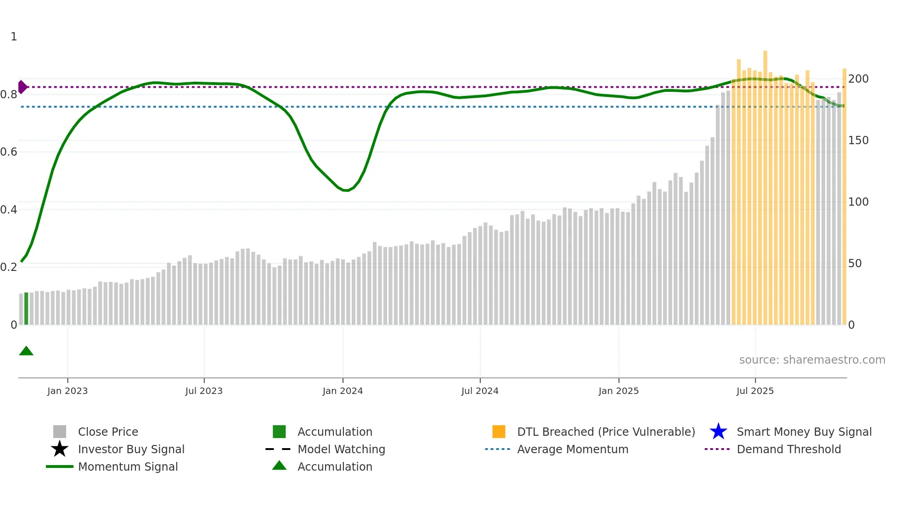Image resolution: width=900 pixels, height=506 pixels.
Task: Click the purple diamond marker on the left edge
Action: pyautogui.click(x=22, y=87)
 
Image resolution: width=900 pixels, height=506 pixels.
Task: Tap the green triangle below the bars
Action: pyautogui.click(x=26, y=351)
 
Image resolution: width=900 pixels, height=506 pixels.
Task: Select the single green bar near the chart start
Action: pyautogui.click(x=26, y=309)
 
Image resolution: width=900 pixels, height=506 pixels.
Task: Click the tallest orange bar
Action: pyautogui.click(x=765, y=184)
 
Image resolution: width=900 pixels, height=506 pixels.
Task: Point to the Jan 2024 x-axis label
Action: pyautogui.click(x=343, y=391)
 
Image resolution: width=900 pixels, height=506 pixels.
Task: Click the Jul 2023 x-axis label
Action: pyautogui.click(x=204, y=391)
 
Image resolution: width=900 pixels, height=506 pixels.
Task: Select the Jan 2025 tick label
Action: pyautogui.click(x=619, y=391)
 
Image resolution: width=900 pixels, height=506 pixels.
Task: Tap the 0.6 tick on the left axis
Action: pyautogui.click(x=9, y=152)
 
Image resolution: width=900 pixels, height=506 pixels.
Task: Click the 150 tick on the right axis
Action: pyautogui.click(x=858, y=141)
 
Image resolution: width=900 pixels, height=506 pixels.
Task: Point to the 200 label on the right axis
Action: pyautogui.click(x=858, y=79)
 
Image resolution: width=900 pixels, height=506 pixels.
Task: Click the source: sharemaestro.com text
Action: pyautogui.click(x=812, y=360)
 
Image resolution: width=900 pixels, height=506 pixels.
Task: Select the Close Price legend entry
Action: pyautogui.click(x=108, y=432)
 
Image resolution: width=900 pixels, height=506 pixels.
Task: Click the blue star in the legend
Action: pyautogui.click(x=718, y=432)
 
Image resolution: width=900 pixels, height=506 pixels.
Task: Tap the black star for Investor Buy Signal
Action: pyautogui.click(x=60, y=449)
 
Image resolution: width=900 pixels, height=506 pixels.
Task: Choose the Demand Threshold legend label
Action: pyautogui.click(x=788, y=449)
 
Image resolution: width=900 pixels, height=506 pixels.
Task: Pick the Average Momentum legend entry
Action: pyautogui.click(x=573, y=449)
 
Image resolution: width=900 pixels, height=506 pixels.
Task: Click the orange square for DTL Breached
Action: pyautogui.click(x=499, y=432)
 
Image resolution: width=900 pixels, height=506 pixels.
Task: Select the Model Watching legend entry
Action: pyautogui.click(x=341, y=449)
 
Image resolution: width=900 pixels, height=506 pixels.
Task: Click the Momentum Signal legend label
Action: pyautogui.click(x=128, y=467)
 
